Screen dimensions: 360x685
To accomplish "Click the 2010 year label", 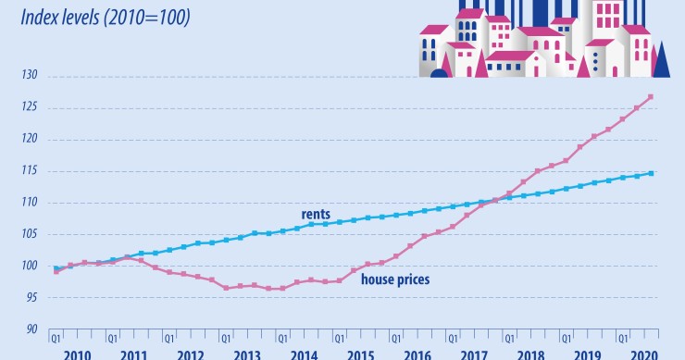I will point(78,354).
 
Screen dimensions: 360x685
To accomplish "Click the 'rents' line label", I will point(317,214).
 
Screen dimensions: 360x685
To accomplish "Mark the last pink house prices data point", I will point(651,97).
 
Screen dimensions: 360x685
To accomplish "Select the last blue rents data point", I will point(651,173).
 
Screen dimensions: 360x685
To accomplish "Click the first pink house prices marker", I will point(56,272).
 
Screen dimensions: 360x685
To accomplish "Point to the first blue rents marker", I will point(56,268).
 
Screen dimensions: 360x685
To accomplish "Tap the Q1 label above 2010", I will point(56,338).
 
